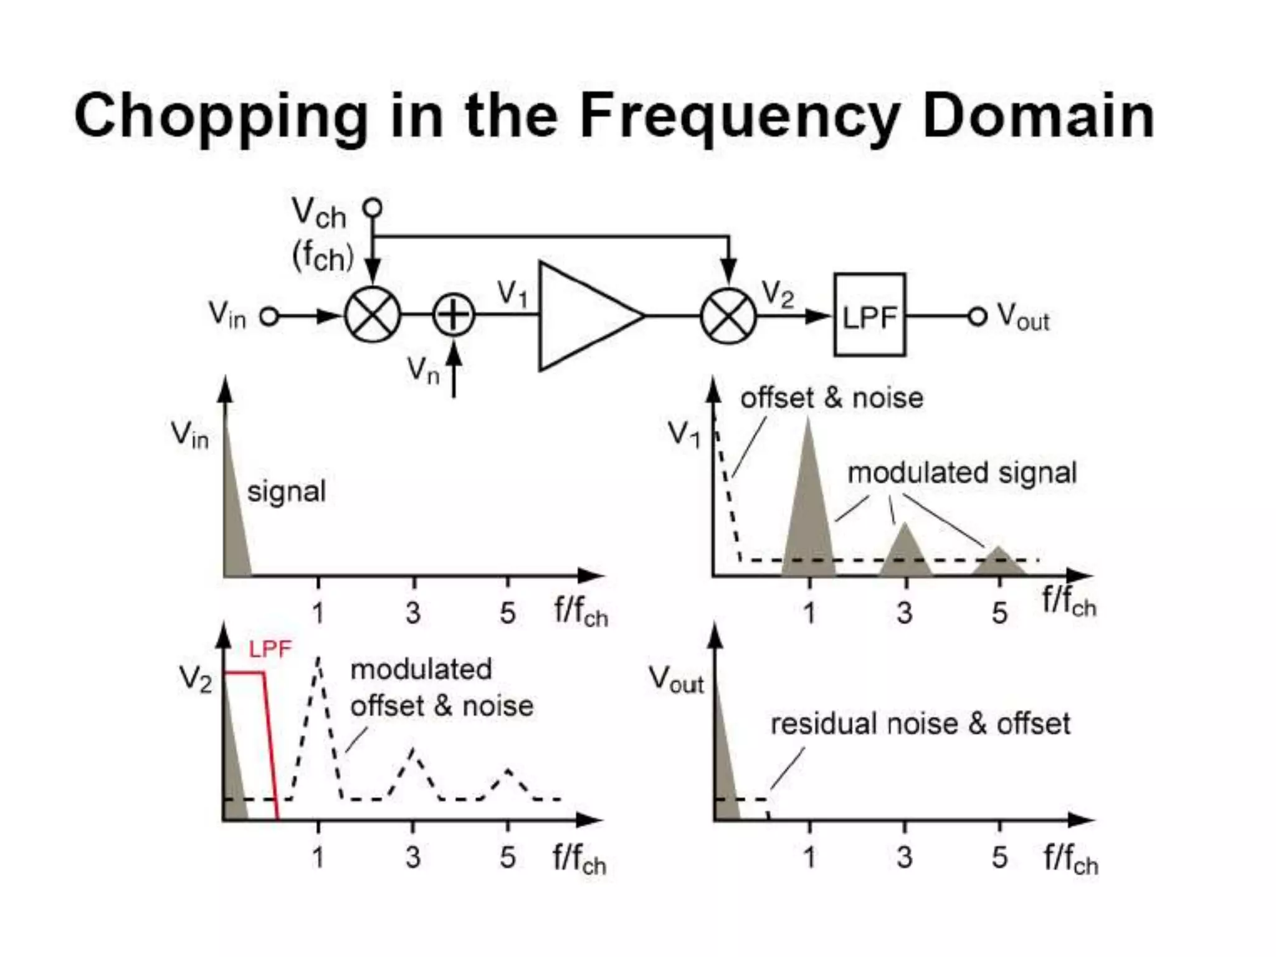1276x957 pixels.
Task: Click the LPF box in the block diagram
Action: (869, 315)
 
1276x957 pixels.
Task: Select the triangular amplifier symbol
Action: (583, 316)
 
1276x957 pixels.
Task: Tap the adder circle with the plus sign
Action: (454, 315)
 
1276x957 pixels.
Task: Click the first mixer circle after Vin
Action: (373, 315)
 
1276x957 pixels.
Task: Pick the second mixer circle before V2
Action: (728, 316)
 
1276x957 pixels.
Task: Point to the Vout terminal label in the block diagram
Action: (1023, 317)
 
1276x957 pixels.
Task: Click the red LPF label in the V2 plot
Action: (270, 650)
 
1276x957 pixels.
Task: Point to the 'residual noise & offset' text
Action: (920, 724)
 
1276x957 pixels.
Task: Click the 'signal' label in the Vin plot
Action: (286, 492)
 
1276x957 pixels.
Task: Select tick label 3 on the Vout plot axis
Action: (904, 858)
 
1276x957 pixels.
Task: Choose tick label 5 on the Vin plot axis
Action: (507, 613)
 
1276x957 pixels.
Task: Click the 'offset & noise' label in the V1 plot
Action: (831, 398)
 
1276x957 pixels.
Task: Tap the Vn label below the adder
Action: (423, 370)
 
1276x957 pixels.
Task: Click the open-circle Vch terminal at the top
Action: (373, 207)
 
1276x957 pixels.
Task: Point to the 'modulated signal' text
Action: (961, 473)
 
